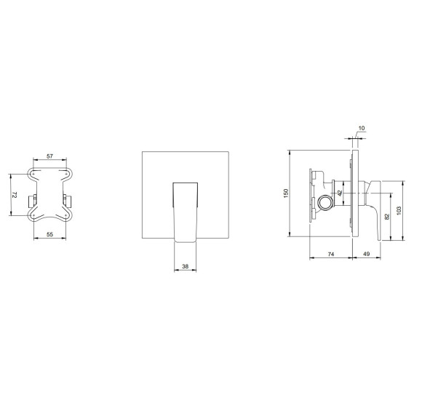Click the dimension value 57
point(49,156)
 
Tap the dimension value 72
point(15,195)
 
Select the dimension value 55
point(49,234)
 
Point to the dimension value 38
point(185,266)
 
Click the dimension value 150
point(286,193)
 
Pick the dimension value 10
point(362,128)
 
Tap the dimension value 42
point(340,193)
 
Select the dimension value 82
point(387,217)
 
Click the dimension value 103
point(399,210)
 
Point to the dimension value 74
point(331,254)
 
